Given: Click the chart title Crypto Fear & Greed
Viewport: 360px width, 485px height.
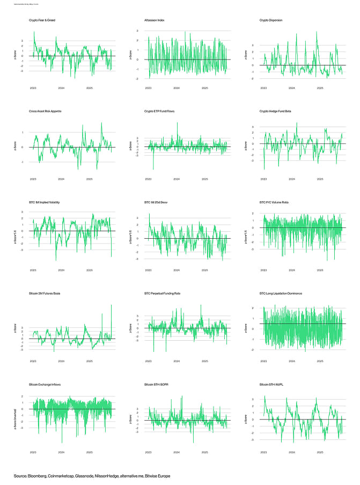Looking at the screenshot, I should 42,20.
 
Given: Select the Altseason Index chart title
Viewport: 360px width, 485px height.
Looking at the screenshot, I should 155,20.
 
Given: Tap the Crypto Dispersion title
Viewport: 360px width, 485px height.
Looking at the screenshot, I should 270,20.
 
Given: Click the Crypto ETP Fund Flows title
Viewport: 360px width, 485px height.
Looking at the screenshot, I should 159,111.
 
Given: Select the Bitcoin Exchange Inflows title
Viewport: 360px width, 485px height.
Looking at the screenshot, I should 47,385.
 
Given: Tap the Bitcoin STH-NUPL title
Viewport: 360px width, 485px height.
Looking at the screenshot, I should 271,385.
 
